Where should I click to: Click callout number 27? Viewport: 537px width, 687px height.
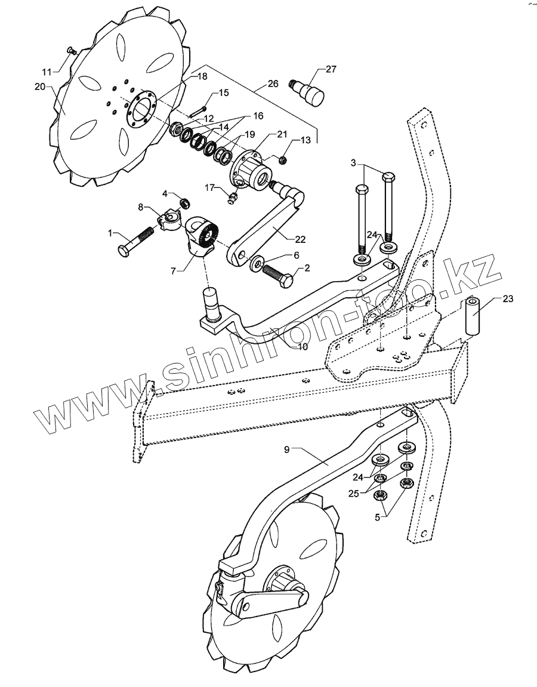click(x=331, y=69)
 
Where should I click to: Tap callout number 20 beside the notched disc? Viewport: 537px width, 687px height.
click(x=39, y=87)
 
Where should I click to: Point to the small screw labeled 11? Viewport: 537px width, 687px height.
click(x=70, y=50)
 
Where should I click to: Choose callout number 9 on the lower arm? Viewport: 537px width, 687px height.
click(x=287, y=449)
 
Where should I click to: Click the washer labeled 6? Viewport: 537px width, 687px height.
click(x=258, y=262)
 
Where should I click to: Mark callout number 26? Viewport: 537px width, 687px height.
click(x=273, y=84)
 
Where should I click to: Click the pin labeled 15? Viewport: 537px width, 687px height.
click(x=197, y=112)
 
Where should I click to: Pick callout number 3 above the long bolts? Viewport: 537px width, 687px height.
click(x=353, y=162)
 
